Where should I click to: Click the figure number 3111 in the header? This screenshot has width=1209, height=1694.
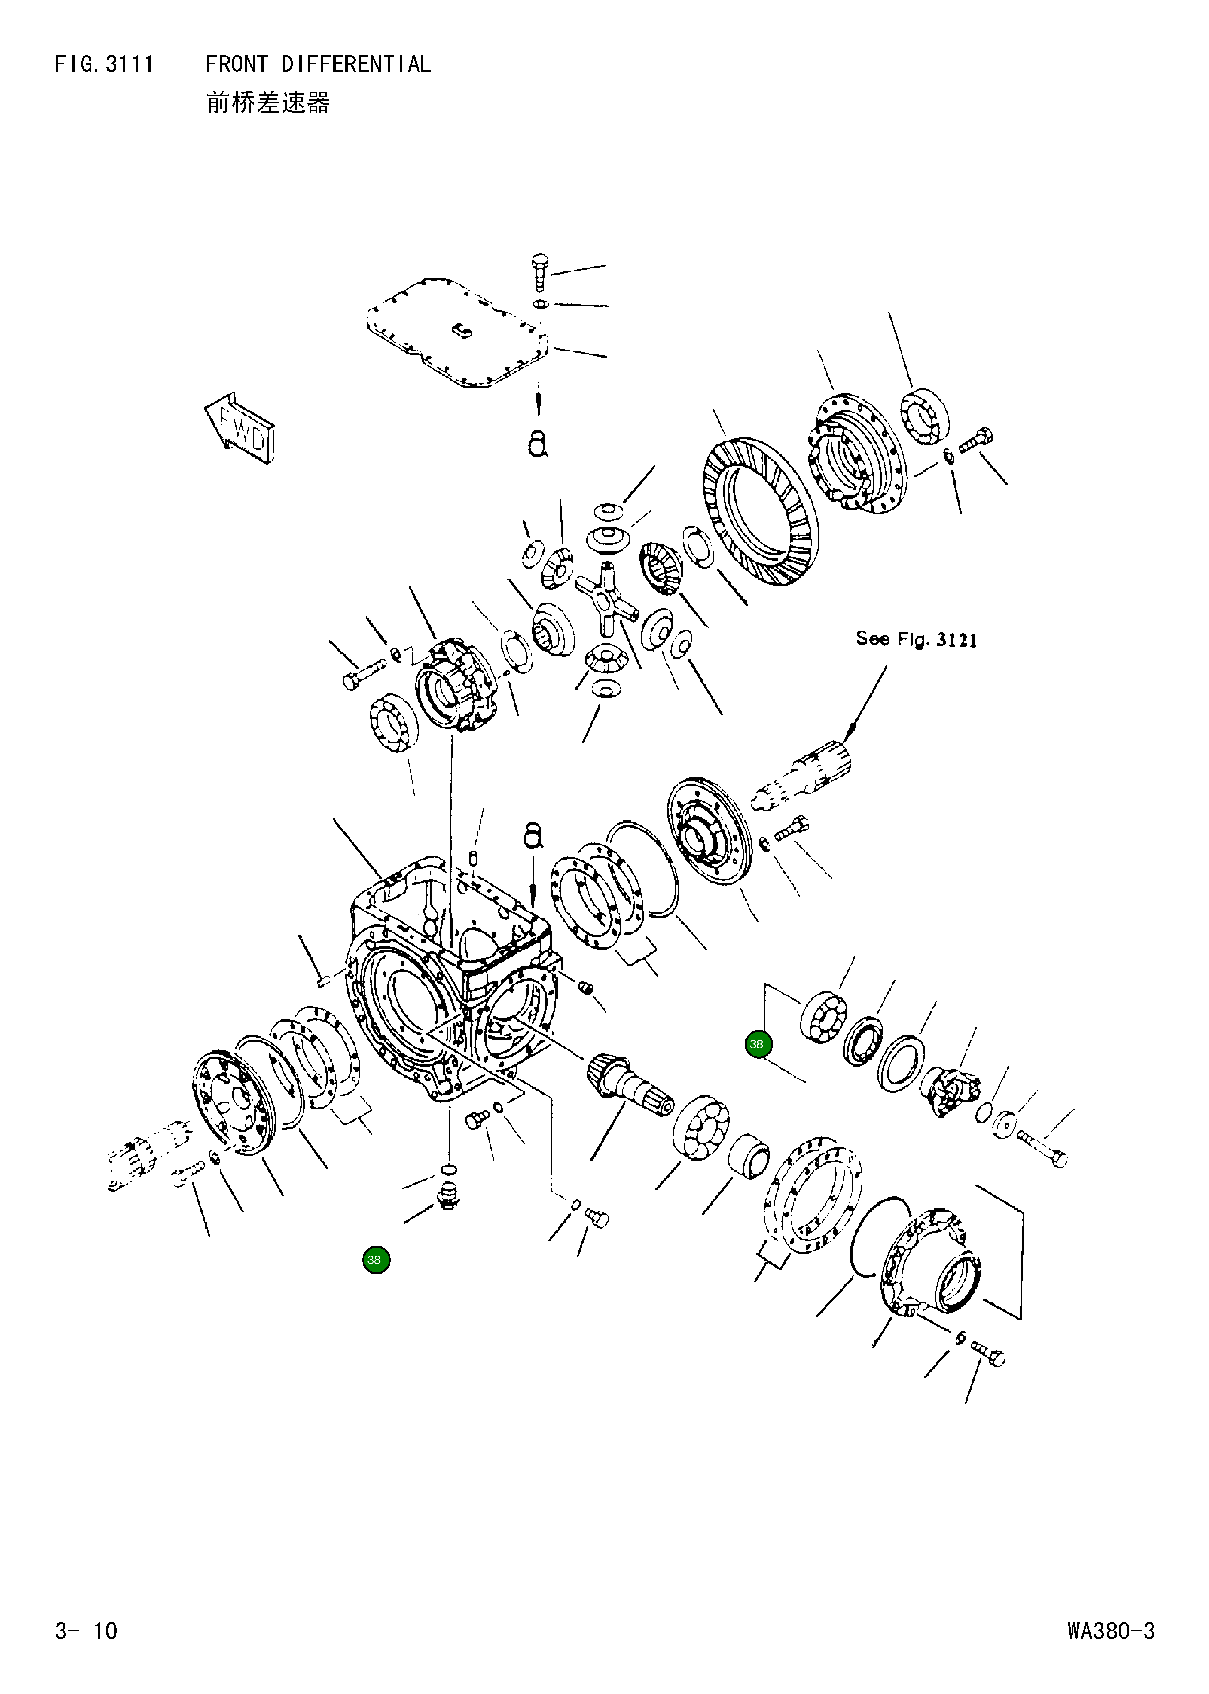coord(129,65)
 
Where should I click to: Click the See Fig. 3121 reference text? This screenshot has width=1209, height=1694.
coord(916,639)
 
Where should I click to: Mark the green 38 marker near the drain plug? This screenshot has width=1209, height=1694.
coord(376,1260)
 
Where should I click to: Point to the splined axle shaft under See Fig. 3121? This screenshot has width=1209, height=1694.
coord(804,778)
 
